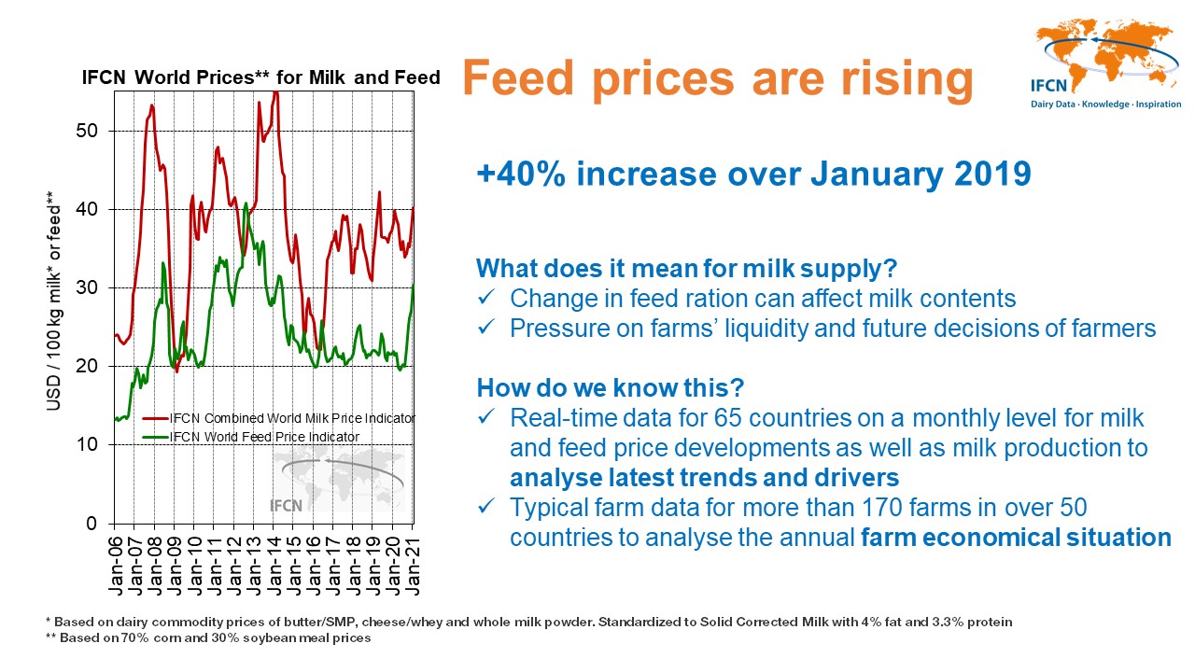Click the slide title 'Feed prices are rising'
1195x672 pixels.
pos(717,79)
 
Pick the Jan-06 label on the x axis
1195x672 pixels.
pos(116,564)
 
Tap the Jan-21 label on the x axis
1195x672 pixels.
pos(412,564)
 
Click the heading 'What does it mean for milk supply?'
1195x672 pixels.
pos(686,269)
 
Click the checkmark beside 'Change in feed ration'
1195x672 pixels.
pos(485,300)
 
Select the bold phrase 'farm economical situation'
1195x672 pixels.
pos(1016,538)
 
